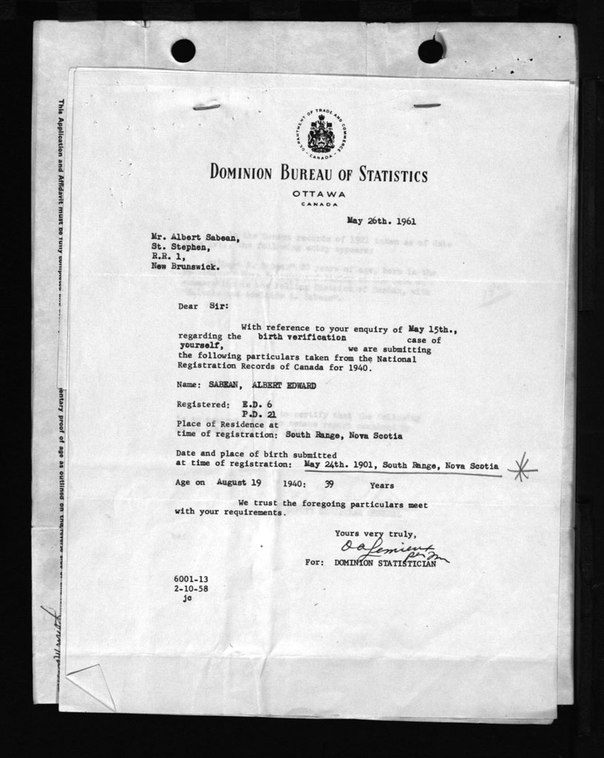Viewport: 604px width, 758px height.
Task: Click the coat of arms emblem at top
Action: tap(321, 134)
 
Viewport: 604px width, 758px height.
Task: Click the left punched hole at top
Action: tap(183, 50)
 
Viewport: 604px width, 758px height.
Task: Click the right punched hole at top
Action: tap(431, 50)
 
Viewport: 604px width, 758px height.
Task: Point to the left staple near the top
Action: tap(207, 107)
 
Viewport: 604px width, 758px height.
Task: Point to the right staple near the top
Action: tap(426, 106)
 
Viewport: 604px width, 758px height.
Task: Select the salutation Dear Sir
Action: tap(203, 305)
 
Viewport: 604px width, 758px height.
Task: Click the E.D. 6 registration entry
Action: tap(257, 405)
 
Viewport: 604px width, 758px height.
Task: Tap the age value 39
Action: tap(330, 486)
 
